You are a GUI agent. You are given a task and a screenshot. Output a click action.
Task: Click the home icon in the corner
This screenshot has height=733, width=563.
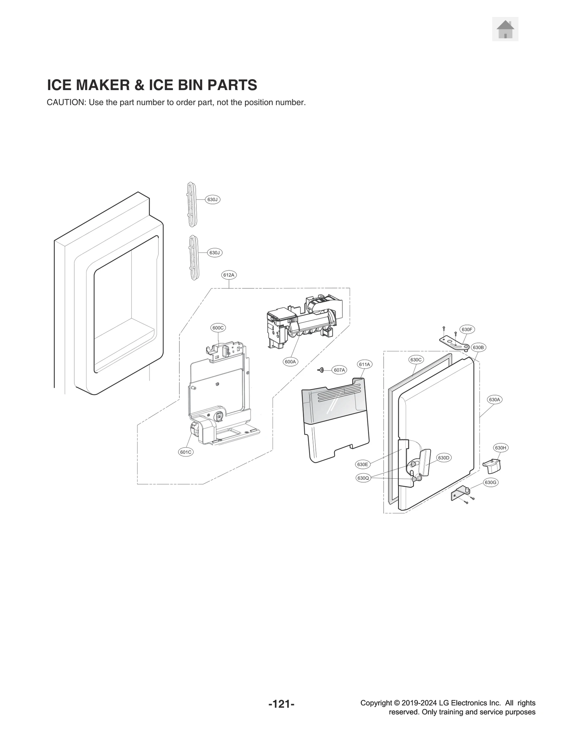(x=505, y=29)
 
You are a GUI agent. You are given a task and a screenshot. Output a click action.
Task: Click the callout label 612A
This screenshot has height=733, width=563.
(x=229, y=275)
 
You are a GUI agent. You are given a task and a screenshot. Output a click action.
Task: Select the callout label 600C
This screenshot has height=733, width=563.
(x=218, y=328)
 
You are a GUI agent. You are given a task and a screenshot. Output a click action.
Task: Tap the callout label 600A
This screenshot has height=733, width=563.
(x=291, y=362)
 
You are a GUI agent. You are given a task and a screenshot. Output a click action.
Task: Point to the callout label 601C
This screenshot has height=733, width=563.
(x=185, y=452)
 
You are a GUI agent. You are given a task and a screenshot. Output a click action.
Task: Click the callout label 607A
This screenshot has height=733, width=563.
(x=339, y=370)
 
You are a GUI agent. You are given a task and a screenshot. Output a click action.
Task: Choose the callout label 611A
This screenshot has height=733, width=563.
(x=364, y=364)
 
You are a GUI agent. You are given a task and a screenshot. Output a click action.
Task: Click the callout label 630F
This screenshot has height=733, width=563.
(x=467, y=330)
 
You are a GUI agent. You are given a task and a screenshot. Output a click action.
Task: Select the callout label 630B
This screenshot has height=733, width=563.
(x=478, y=348)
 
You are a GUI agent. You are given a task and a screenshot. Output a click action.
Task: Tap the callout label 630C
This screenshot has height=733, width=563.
(x=416, y=359)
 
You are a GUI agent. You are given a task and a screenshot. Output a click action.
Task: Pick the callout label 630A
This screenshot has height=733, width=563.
(x=494, y=400)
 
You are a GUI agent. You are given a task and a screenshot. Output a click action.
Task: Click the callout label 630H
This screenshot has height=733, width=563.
(x=500, y=448)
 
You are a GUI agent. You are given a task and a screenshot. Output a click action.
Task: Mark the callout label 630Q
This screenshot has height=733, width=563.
(x=363, y=478)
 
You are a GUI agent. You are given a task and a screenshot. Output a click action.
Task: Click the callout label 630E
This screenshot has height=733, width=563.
(x=362, y=464)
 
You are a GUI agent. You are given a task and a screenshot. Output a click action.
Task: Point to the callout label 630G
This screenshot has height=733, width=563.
(x=491, y=482)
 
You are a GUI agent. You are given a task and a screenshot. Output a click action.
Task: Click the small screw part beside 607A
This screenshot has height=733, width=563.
(x=321, y=370)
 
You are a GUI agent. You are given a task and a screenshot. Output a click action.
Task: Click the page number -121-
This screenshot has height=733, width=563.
(x=281, y=714)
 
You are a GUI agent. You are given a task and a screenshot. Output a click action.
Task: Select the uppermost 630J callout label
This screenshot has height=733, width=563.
(x=213, y=199)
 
